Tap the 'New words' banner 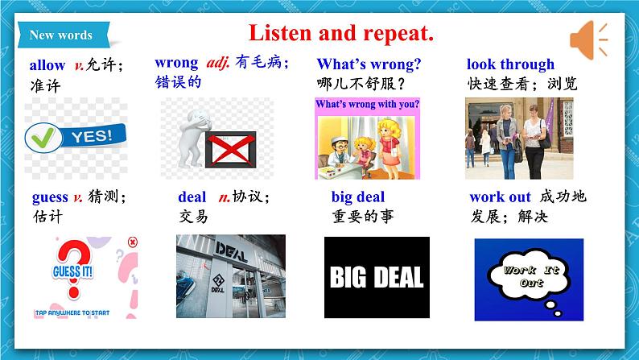[x=63, y=35]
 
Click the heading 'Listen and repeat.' [x=341, y=33]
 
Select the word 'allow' [x=47, y=64]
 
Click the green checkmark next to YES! [x=43, y=137]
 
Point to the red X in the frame [x=231, y=150]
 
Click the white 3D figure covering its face [x=192, y=138]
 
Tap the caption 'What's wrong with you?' [x=367, y=105]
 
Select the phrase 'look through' [x=510, y=64]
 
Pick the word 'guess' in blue [x=50, y=197]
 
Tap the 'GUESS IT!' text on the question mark [x=72, y=271]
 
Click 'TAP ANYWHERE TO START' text [x=72, y=312]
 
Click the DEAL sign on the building [x=231, y=251]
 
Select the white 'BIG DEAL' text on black [x=377, y=277]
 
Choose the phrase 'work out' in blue [x=501, y=197]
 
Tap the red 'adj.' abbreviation [x=218, y=63]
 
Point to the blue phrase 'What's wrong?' [x=369, y=64]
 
